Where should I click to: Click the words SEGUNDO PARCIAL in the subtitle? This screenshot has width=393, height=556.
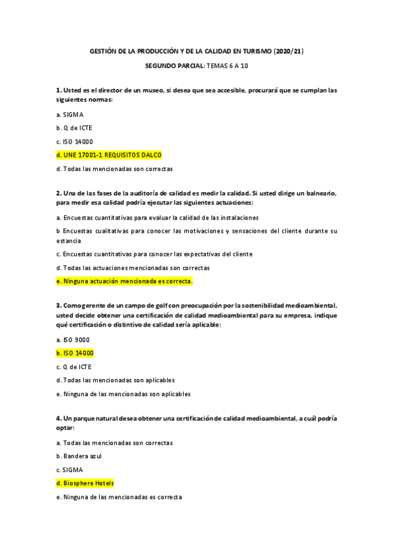pyautogui.click(x=174, y=67)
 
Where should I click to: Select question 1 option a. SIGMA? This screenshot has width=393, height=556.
pyautogui.click(x=70, y=114)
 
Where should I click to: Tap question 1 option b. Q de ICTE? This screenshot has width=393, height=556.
pyautogui.click(x=74, y=128)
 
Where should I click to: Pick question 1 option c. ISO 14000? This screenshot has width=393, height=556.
pyautogui.click(x=75, y=141)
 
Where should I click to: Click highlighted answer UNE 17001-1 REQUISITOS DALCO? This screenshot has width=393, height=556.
pyautogui.click(x=109, y=155)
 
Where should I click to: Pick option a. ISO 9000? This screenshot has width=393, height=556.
pyautogui.click(x=73, y=340)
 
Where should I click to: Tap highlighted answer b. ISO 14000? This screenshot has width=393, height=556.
pyautogui.click(x=75, y=353)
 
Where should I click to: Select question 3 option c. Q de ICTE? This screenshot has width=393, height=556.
pyautogui.click(x=74, y=367)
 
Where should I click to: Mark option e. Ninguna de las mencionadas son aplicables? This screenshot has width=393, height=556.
pyautogui.click(x=123, y=394)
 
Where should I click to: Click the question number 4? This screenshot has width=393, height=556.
pyautogui.click(x=58, y=418)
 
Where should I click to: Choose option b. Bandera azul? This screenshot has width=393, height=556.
pyautogui.click(x=79, y=456)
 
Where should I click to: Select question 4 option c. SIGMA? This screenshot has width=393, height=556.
pyautogui.click(x=70, y=469)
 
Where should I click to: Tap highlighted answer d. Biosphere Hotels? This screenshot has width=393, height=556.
pyautogui.click(x=85, y=483)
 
